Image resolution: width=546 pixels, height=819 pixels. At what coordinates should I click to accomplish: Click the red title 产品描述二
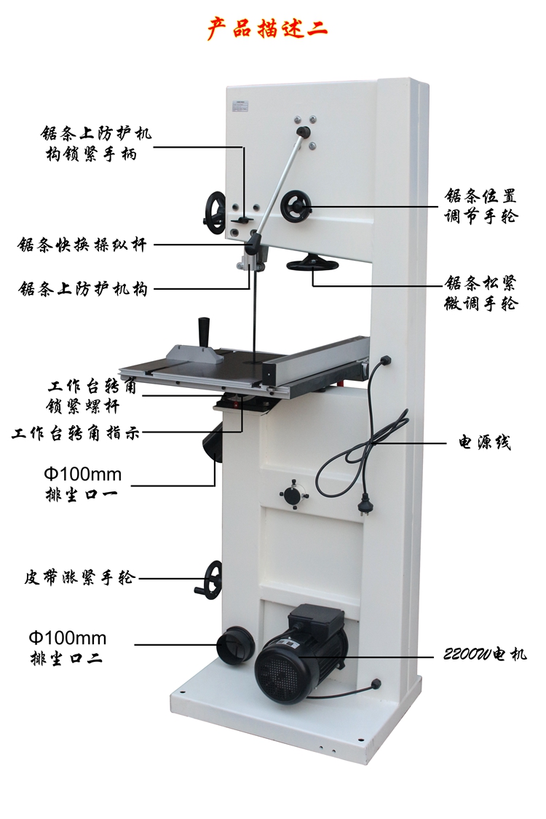[267, 28]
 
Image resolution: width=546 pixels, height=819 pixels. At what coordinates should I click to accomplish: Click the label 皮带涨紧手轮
[79, 578]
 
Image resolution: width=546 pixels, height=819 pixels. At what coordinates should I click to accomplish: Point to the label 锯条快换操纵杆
[82, 245]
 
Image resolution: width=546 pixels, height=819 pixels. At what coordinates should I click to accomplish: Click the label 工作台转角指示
[76, 434]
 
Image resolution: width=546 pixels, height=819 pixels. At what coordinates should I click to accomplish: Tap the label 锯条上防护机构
[83, 289]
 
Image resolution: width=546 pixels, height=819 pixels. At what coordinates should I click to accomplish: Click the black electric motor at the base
[291, 662]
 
